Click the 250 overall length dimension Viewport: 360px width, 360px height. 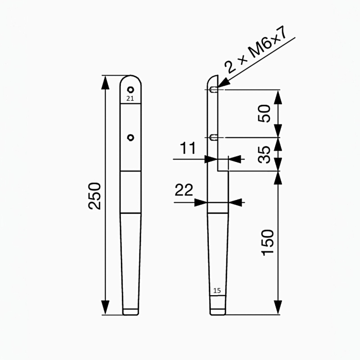[95, 195]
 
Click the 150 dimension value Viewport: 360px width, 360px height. [267, 243]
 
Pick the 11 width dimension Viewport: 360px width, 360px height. [188, 149]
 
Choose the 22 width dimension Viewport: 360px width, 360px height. [184, 190]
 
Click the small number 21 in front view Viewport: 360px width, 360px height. [130, 98]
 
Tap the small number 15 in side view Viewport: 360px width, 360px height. [217, 291]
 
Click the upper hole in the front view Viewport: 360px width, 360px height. [131, 89]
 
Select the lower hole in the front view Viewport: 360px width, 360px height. [131, 137]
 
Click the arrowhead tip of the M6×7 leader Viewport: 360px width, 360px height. [219, 86]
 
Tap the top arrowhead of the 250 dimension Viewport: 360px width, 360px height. [106, 77]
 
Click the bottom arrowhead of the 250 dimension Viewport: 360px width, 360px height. [106, 313]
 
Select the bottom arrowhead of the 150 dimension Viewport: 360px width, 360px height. [278, 313]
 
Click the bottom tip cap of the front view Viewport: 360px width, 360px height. [131, 311]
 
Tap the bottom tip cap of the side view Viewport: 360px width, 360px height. [217, 311]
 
